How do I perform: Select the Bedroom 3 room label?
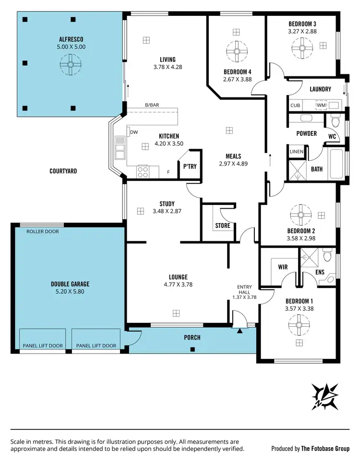tap(302, 24)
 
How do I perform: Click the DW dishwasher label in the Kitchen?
tap(134, 132)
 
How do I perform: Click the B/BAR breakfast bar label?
tap(153, 105)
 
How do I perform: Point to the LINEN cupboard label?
tap(296, 152)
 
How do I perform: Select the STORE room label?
tap(223, 226)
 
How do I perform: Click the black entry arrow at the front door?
tap(240, 330)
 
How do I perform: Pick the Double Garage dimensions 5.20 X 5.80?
tap(70, 291)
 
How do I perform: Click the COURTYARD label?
tap(63, 171)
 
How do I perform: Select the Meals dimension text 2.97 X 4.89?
tap(233, 164)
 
